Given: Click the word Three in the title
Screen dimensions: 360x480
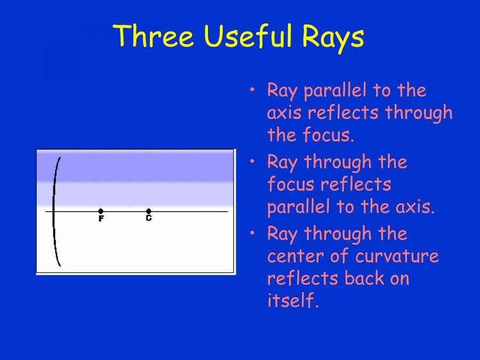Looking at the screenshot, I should point(154,36).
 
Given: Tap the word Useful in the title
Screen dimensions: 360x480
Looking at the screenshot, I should point(248,36).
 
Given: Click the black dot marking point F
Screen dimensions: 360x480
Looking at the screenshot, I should point(101,211).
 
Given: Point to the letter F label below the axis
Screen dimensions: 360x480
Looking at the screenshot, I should point(101,219).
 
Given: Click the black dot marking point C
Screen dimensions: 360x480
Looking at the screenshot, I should point(149,211).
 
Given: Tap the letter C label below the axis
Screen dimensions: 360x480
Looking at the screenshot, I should point(149,218).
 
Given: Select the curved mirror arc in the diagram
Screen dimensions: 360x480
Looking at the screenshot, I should point(54,213).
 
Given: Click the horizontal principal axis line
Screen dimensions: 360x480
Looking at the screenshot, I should point(187,212).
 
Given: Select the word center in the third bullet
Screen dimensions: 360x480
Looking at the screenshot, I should point(294,256).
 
